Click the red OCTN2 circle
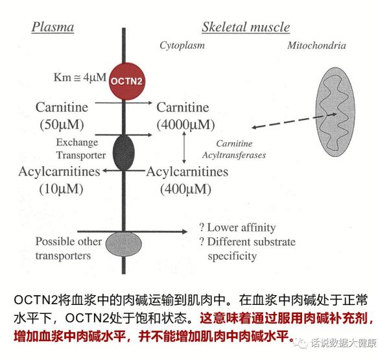coord(127,81)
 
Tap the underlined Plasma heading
coord(53,27)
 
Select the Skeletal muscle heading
coord(246,27)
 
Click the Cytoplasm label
coord(182,45)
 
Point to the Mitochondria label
coord(316,45)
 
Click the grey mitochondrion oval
coord(335,112)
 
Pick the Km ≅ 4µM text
coord(80,77)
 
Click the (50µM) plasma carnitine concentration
coord(62,125)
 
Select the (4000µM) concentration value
coord(185,125)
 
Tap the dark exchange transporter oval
coord(124,152)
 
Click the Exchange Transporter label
coord(81,149)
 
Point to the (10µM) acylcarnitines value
coord(61,189)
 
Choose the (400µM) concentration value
coord(185,189)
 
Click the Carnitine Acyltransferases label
coord(234,149)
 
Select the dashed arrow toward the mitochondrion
coord(294,121)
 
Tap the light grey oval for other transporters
coord(124,243)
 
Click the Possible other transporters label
coord(69,248)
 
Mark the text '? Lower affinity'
coord(237,228)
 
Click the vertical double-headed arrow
coord(184,147)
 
